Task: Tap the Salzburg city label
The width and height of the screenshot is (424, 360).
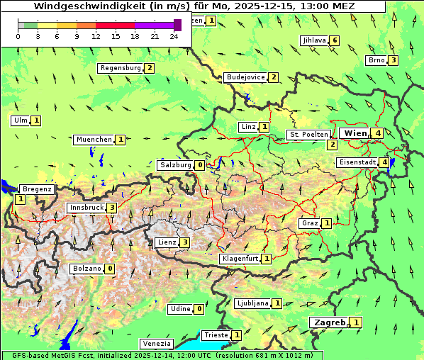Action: pos(175,165)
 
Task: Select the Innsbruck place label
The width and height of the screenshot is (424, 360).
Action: pos(86,208)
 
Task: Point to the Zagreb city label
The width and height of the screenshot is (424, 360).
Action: pos(329,322)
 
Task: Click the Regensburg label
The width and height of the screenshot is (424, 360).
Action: pos(121,68)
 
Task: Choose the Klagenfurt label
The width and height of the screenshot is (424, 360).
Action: pos(240,259)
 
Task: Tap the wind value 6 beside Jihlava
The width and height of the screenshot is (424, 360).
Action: pos(335,40)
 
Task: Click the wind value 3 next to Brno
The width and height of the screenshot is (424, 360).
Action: pos(393,60)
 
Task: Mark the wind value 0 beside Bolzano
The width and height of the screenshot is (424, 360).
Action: pos(110,269)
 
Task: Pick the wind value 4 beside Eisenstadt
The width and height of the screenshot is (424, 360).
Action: pos(384,162)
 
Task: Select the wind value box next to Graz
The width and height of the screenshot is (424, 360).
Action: pos(326,223)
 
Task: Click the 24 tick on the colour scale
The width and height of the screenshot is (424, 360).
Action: pos(174,36)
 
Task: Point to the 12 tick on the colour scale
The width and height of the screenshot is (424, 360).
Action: pos(96,36)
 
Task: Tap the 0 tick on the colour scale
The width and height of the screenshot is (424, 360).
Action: pos(18,36)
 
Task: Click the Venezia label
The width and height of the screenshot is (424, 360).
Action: pos(157,343)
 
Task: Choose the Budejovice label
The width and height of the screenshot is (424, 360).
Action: pos(245,77)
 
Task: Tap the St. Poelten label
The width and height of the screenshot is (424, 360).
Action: pos(308,134)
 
